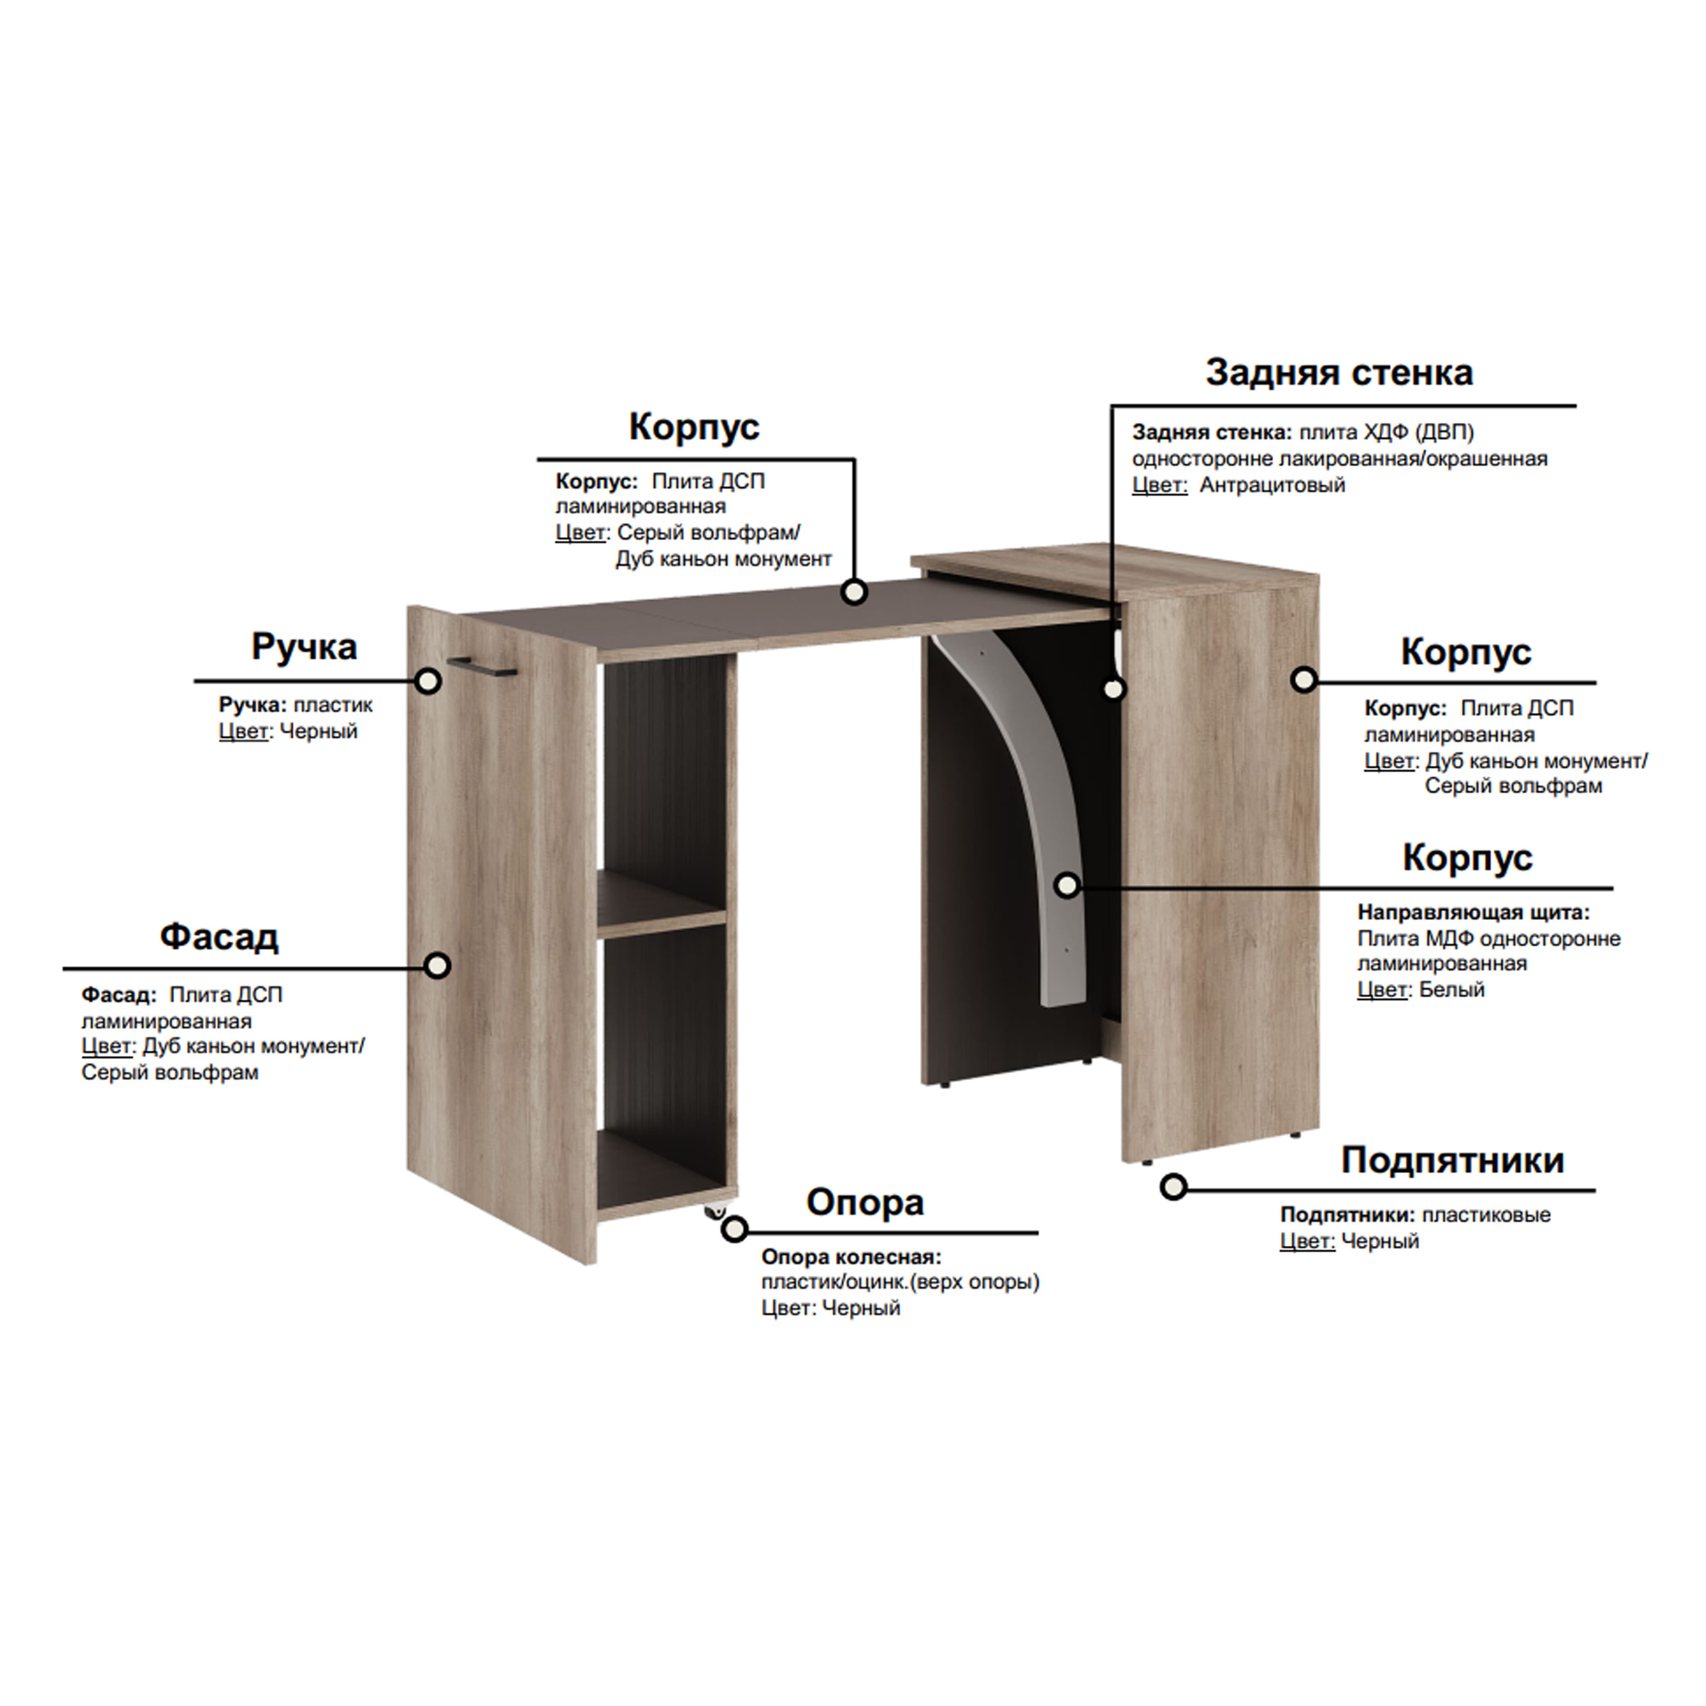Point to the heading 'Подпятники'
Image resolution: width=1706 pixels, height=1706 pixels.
point(1453,1160)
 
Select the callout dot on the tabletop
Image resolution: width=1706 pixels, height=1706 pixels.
point(853,592)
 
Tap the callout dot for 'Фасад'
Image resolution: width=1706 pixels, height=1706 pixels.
point(436,965)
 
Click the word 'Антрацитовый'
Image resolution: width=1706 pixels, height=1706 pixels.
point(1272,485)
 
